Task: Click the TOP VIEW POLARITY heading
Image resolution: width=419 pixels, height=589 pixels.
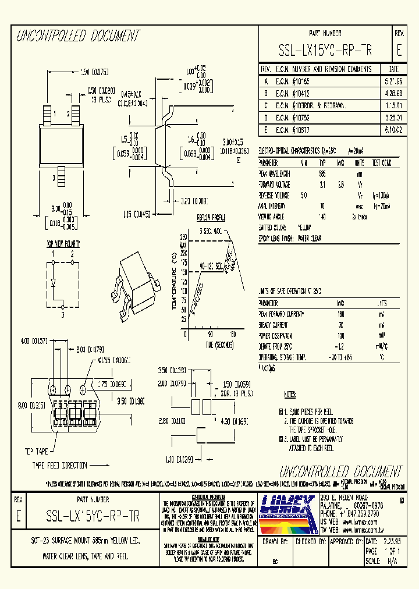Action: (x=63, y=244)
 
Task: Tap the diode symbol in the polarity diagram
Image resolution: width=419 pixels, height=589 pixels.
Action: (x=53, y=283)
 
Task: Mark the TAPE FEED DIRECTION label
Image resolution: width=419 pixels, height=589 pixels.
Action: (x=60, y=465)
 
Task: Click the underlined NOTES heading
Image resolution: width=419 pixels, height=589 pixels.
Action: (x=289, y=394)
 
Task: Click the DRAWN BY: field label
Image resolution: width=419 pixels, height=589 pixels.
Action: (x=276, y=541)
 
